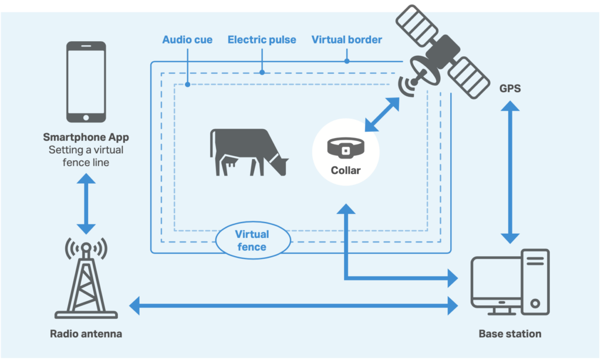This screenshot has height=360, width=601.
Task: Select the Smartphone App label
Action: click(86, 137)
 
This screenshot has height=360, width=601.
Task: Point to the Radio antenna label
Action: click(86, 334)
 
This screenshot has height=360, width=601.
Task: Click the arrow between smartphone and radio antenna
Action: click(86, 203)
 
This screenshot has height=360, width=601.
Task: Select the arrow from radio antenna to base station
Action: click(293, 305)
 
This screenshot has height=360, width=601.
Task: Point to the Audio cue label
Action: click(187, 40)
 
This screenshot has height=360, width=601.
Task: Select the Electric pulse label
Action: click(262, 40)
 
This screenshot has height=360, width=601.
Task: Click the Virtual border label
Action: click(346, 40)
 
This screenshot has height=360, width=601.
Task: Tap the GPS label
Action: click(509, 89)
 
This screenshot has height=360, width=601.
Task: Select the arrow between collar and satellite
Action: click(382, 115)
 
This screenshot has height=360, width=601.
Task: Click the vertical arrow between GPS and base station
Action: click(509, 172)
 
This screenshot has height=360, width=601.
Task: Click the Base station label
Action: click(509, 334)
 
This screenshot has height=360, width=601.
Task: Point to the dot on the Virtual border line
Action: click(347, 60)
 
